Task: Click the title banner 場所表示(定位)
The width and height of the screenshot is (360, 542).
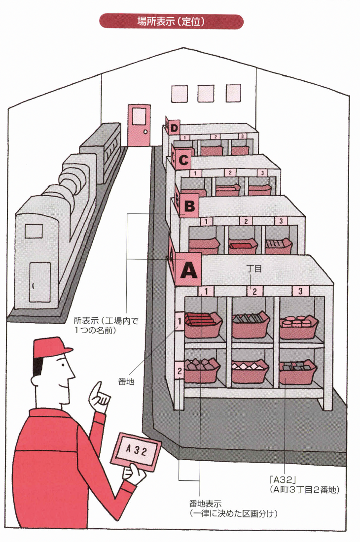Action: point(171,22)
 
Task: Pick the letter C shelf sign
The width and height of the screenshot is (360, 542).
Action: point(183,160)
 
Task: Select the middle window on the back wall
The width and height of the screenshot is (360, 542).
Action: point(205,93)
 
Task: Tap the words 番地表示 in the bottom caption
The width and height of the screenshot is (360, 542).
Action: point(206,504)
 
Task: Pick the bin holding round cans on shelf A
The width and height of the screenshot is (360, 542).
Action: point(298,326)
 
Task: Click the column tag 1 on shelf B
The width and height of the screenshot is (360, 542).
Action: point(206,222)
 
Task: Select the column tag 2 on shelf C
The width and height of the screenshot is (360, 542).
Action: point(229,172)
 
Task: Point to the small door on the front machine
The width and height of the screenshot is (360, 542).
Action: point(40,282)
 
